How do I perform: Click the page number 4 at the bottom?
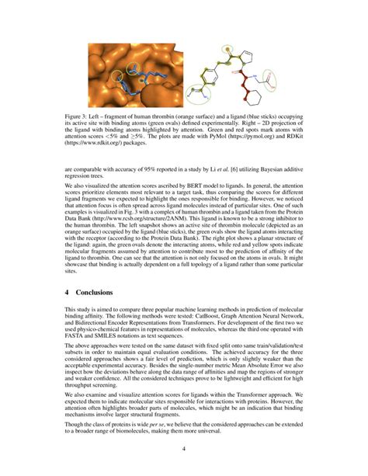pos(184,449)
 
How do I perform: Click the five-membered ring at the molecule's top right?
pos(246,56)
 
